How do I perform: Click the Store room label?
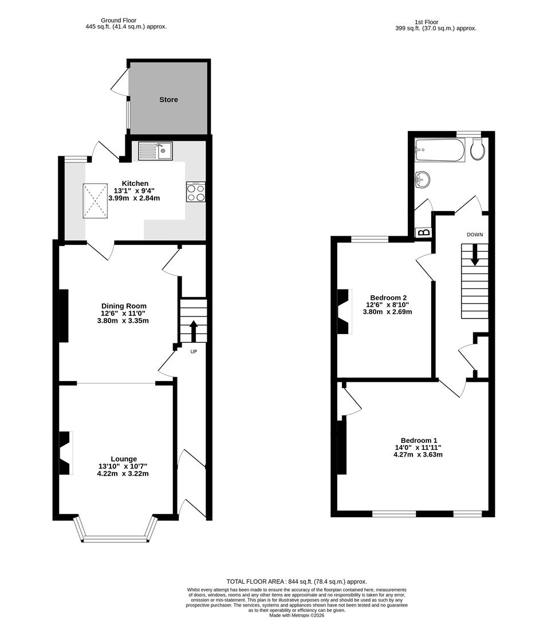coord(168,100)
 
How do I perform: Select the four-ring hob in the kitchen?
coord(196,192)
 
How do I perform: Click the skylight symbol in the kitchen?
coord(96,201)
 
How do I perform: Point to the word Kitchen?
coord(135,183)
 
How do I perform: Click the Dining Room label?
coord(124,306)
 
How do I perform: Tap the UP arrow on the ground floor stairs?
coord(193,330)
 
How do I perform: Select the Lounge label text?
coord(124,459)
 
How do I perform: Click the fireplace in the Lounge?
coord(66,452)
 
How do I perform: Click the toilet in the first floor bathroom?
coord(477,150)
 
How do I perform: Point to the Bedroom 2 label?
coord(388,298)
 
